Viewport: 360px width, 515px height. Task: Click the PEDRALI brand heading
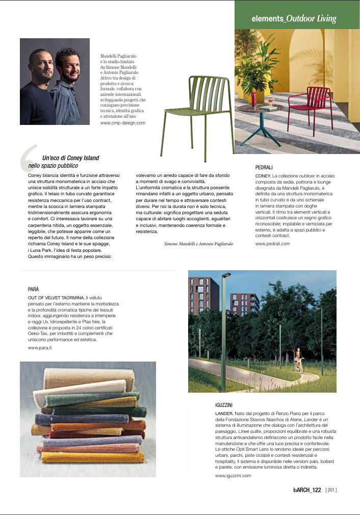[x=266, y=167]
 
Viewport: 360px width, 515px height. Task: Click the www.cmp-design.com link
[x=123, y=123]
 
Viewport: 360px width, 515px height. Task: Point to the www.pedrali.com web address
[x=272, y=244]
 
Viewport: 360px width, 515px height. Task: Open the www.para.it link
[x=40, y=348]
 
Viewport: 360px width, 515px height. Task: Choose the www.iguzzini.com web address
[x=233, y=476]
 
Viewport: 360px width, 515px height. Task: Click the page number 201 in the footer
[x=331, y=491]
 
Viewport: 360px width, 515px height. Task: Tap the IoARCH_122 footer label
[x=306, y=491]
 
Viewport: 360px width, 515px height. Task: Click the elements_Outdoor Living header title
[x=294, y=19]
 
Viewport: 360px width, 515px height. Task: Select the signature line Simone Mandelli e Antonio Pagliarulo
[x=198, y=244]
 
